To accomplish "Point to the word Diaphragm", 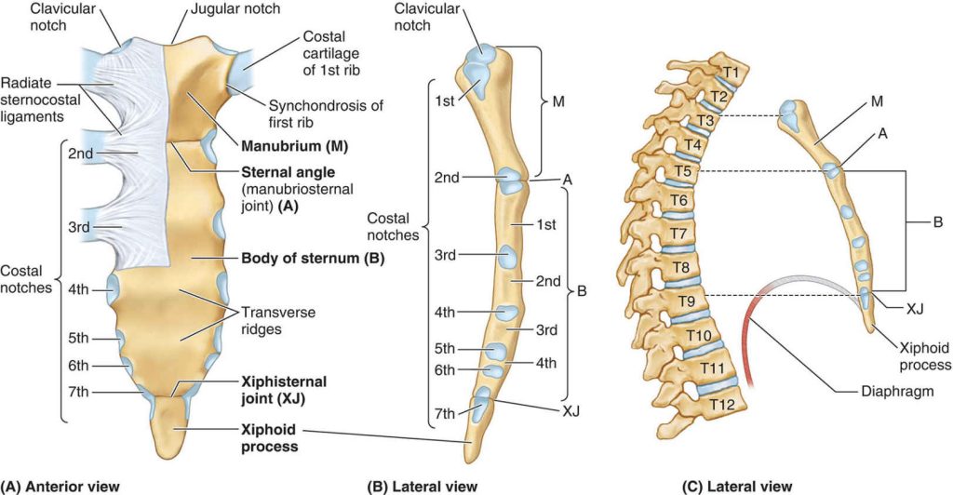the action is coord(897,391).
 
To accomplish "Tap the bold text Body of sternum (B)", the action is coord(313,258).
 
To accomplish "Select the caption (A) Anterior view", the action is coord(60,486).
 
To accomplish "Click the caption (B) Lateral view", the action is coord(423,486).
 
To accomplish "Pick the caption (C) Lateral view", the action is coord(737,486).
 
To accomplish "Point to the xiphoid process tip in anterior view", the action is coord(175,459).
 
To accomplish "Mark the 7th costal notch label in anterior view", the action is coord(78,393).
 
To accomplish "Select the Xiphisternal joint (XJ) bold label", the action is coord(284,390).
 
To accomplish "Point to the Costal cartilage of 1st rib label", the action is coord(331,53).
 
